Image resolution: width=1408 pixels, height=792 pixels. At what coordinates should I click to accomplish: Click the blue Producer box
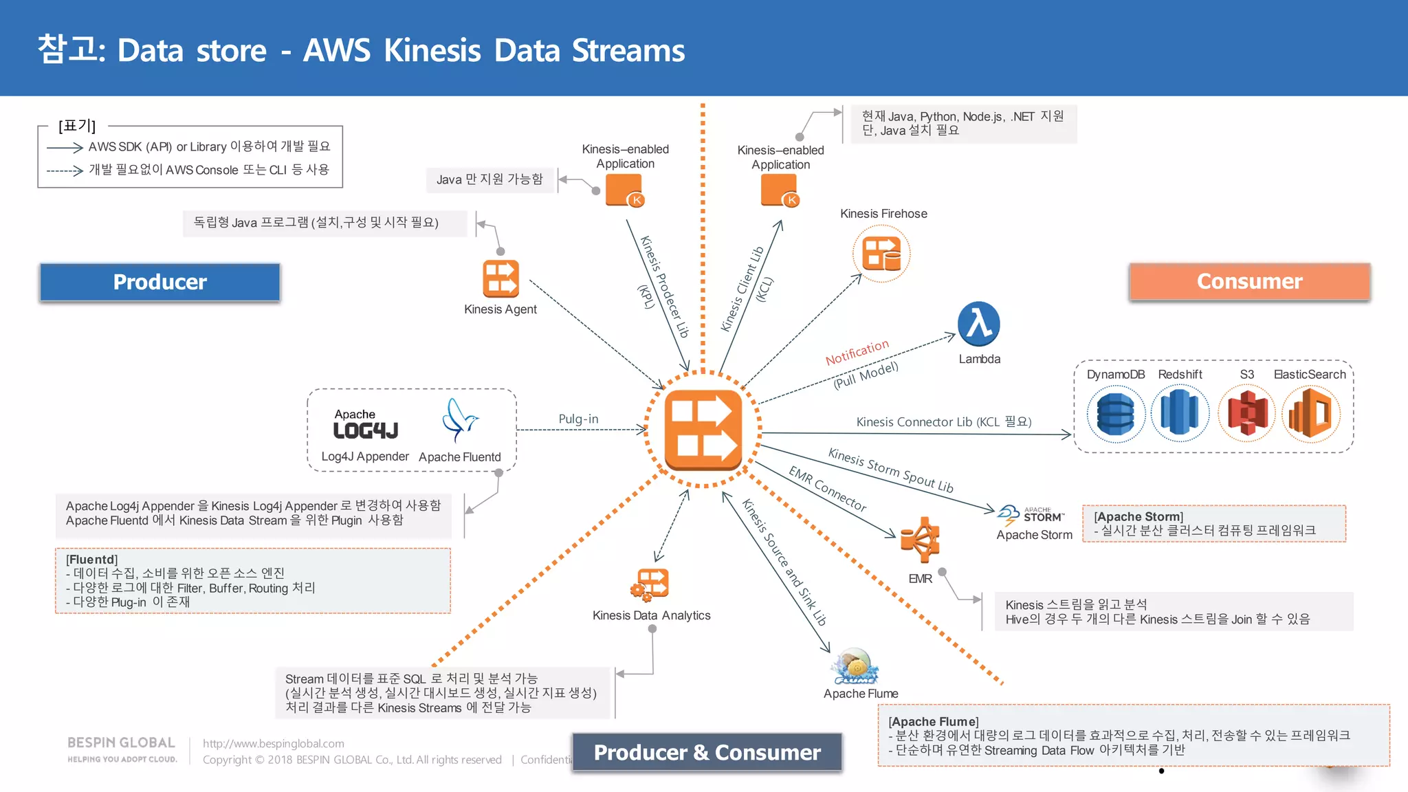[159, 282]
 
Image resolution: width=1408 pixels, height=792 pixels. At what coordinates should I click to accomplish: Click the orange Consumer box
[1249, 281]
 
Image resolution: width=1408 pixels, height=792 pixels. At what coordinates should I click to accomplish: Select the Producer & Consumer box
[707, 752]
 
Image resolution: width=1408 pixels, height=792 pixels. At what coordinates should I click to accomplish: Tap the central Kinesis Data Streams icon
[703, 429]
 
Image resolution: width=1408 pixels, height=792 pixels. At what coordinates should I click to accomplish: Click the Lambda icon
[978, 324]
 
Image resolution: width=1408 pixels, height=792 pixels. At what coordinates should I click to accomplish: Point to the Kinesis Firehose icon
[881, 253]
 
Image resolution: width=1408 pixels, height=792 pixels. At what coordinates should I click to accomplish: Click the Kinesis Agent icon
[500, 278]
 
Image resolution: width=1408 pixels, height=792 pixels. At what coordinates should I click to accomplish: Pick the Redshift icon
[1179, 413]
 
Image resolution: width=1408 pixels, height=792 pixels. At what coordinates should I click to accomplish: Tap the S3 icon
[1246, 413]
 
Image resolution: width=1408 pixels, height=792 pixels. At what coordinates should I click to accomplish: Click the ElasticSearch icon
[1310, 413]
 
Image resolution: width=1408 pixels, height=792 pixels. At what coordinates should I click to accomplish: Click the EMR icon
[920, 540]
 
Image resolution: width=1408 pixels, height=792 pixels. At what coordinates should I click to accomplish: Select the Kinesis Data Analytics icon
[650, 584]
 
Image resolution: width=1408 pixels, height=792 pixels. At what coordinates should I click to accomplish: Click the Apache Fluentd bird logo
[459, 420]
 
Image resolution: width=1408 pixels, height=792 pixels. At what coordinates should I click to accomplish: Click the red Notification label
[857, 352]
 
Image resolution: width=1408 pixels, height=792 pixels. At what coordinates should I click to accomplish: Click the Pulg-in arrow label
[578, 419]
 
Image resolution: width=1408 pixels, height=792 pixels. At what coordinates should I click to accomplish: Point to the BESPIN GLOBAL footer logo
[122, 749]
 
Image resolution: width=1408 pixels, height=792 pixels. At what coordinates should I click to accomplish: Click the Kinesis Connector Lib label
[943, 421]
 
